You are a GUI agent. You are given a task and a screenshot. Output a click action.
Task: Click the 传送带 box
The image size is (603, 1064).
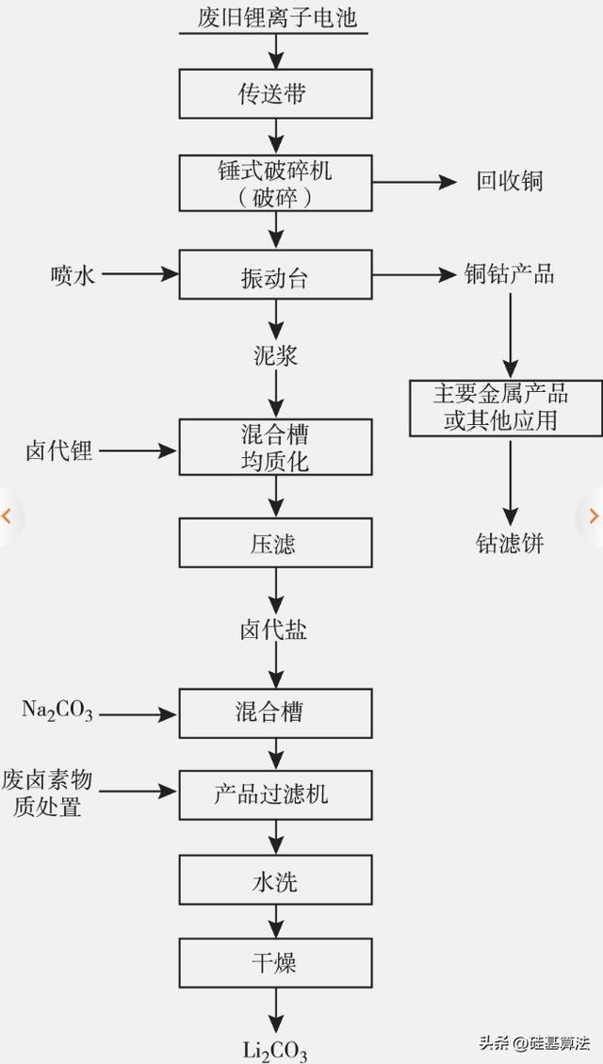click(x=275, y=94)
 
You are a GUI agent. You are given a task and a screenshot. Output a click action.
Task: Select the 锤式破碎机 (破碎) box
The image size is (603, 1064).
click(x=275, y=183)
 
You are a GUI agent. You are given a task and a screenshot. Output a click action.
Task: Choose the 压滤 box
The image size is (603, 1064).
click(x=275, y=543)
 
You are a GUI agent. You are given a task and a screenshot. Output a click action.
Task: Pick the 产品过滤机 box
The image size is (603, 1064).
click(x=275, y=794)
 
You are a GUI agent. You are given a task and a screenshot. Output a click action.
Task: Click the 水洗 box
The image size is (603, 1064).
click(x=275, y=882)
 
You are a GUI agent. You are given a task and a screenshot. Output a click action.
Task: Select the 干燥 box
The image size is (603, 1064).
click(x=275, y=963)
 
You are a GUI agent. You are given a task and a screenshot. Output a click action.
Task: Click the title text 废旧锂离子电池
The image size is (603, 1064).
click(x=275, y=17)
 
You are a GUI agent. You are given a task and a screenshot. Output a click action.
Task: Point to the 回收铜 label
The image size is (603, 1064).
click(x=510, y=181)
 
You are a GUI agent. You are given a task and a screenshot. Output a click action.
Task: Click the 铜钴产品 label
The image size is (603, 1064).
click(x=510, y=274)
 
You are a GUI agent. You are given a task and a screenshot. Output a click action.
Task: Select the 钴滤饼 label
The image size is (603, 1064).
click(x=510, y=543)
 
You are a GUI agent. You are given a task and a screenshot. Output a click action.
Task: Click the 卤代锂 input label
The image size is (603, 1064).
click(x=58, y=450)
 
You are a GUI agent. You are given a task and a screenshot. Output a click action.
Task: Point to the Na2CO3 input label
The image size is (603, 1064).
click(x=57, y=711)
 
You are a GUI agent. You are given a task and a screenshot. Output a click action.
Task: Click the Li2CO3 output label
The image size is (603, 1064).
click(x=275, y=1050)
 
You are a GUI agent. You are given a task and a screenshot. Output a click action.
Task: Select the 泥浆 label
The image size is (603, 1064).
click(x=275, y=356)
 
